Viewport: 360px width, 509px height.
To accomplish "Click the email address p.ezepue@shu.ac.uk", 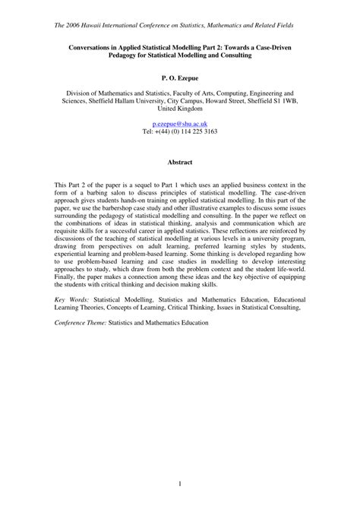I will tap(180, 123).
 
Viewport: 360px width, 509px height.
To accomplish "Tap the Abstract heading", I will tap(180, 162).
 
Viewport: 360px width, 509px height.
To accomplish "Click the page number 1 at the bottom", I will tap(180, 482).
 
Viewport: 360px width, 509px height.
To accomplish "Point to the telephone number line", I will tap(180, 131).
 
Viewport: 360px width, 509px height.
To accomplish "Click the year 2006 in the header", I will tap(84, 25).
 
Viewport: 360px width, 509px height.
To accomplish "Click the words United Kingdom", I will tap(180, 107).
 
